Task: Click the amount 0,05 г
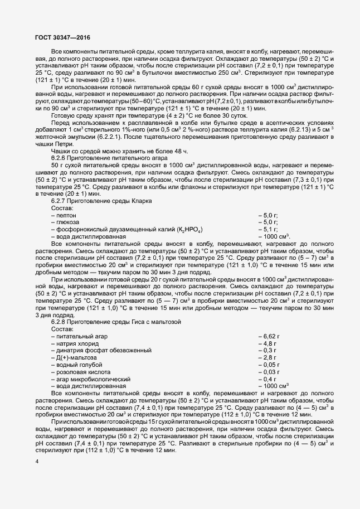tap(269, 365)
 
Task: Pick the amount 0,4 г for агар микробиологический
tap(267, 379)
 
